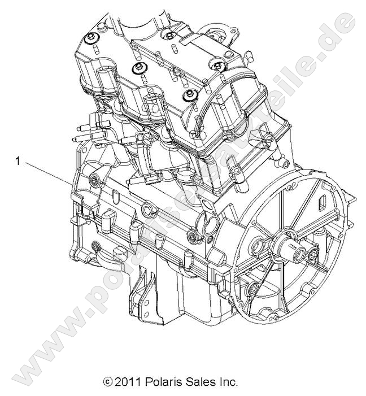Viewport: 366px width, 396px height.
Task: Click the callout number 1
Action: point(18,162)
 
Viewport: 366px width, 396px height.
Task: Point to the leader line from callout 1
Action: point(45,173)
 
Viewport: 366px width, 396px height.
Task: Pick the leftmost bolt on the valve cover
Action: point(90,38)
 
